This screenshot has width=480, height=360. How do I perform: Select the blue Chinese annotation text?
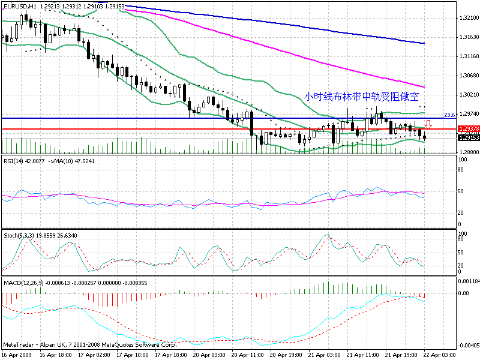pyautogui.click(x=361, y=96)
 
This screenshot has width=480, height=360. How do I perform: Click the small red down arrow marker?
pyautogui.click(x=428, y=124)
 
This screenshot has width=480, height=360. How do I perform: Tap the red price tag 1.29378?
pyautogui.click(x=468, y=129)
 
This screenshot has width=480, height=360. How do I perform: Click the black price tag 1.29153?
pyautogui.click(x=468, y=138)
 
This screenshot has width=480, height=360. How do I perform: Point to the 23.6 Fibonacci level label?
pyautogui.click(x=450, y=114)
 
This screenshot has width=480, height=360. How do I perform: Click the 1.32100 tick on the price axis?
pyautogui.click(x=468, y=19)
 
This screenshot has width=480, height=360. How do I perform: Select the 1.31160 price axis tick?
pyautogui.click(x=468, y=56)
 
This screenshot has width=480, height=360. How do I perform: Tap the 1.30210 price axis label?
pyautogui.click(x=468, y=95)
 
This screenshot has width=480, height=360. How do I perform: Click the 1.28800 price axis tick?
pyautogui.click(x=468, y=152)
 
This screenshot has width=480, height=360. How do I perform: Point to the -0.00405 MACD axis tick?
pyautogui.click(x=468, y=346)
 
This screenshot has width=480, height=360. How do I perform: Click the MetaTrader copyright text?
pyautogui.click(x=90, y=346)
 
